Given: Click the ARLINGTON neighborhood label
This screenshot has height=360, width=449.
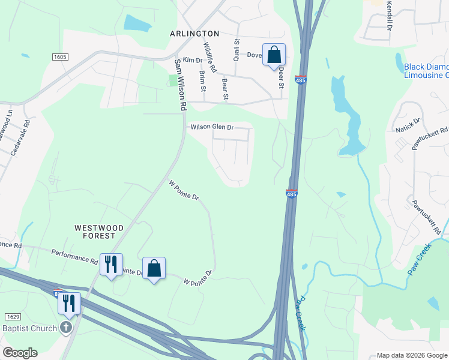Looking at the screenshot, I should point(194,34).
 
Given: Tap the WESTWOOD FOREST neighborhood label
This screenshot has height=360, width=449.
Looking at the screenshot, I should point(99,232).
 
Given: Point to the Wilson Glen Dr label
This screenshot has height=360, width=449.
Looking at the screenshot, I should point(211,127).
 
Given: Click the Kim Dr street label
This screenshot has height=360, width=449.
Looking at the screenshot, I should point(193,60).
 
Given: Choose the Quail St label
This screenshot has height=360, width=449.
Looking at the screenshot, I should point(237,50).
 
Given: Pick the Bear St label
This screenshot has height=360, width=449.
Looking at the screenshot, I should point(225,89).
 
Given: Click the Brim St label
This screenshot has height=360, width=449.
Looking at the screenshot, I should point(202,80).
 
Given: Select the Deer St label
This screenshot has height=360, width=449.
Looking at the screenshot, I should point(280,77).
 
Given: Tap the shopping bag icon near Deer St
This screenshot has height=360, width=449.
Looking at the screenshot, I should point(274,55).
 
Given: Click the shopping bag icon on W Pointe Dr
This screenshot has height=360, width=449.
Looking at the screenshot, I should point(154,268).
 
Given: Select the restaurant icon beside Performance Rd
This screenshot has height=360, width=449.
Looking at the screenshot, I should point(111,265).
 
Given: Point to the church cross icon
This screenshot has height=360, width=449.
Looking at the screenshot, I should point(67,328).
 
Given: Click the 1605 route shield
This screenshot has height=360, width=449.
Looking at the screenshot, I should point(60,57).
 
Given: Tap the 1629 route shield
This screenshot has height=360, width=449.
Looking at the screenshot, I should point(13,316).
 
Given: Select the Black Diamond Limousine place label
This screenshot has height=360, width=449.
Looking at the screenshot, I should point(426,71).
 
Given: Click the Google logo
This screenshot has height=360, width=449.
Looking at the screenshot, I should point(20,353).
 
